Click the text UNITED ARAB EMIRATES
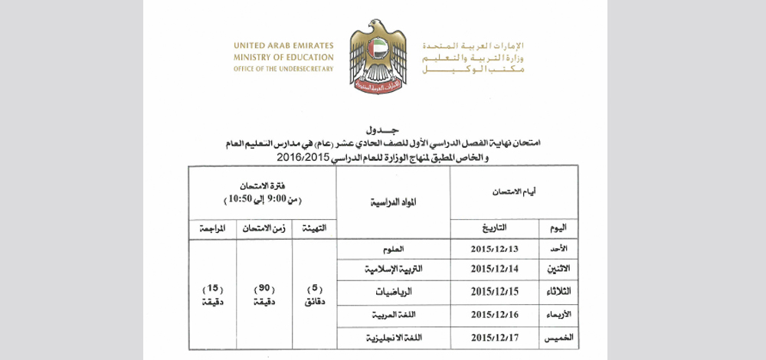coord(284,44)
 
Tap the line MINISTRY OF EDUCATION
coord(284,57)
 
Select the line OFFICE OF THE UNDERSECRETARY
coord(284,68)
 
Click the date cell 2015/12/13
coord(495,250)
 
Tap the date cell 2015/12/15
coord(495,293)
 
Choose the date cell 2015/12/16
coord(495,314)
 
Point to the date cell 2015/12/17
coord(495,336)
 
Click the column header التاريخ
coord(495,227)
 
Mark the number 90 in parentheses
coord(263,288)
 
